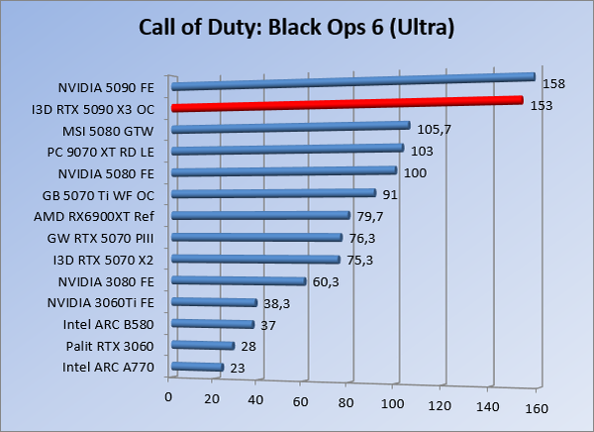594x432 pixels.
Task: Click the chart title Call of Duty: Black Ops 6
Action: (x=296, y=27)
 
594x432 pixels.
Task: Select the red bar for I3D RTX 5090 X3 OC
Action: (x=346, y=103)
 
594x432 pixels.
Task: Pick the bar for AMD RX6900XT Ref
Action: (x=261, y=215)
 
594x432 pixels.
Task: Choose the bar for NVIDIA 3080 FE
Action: (x=239, y=281)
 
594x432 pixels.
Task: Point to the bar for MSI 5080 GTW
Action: (x=291, y=127)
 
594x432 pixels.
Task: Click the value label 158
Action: (x=554, y=84)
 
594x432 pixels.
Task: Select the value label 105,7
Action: (x=431, y=130)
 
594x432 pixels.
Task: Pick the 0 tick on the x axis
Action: (x=169, y=398)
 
